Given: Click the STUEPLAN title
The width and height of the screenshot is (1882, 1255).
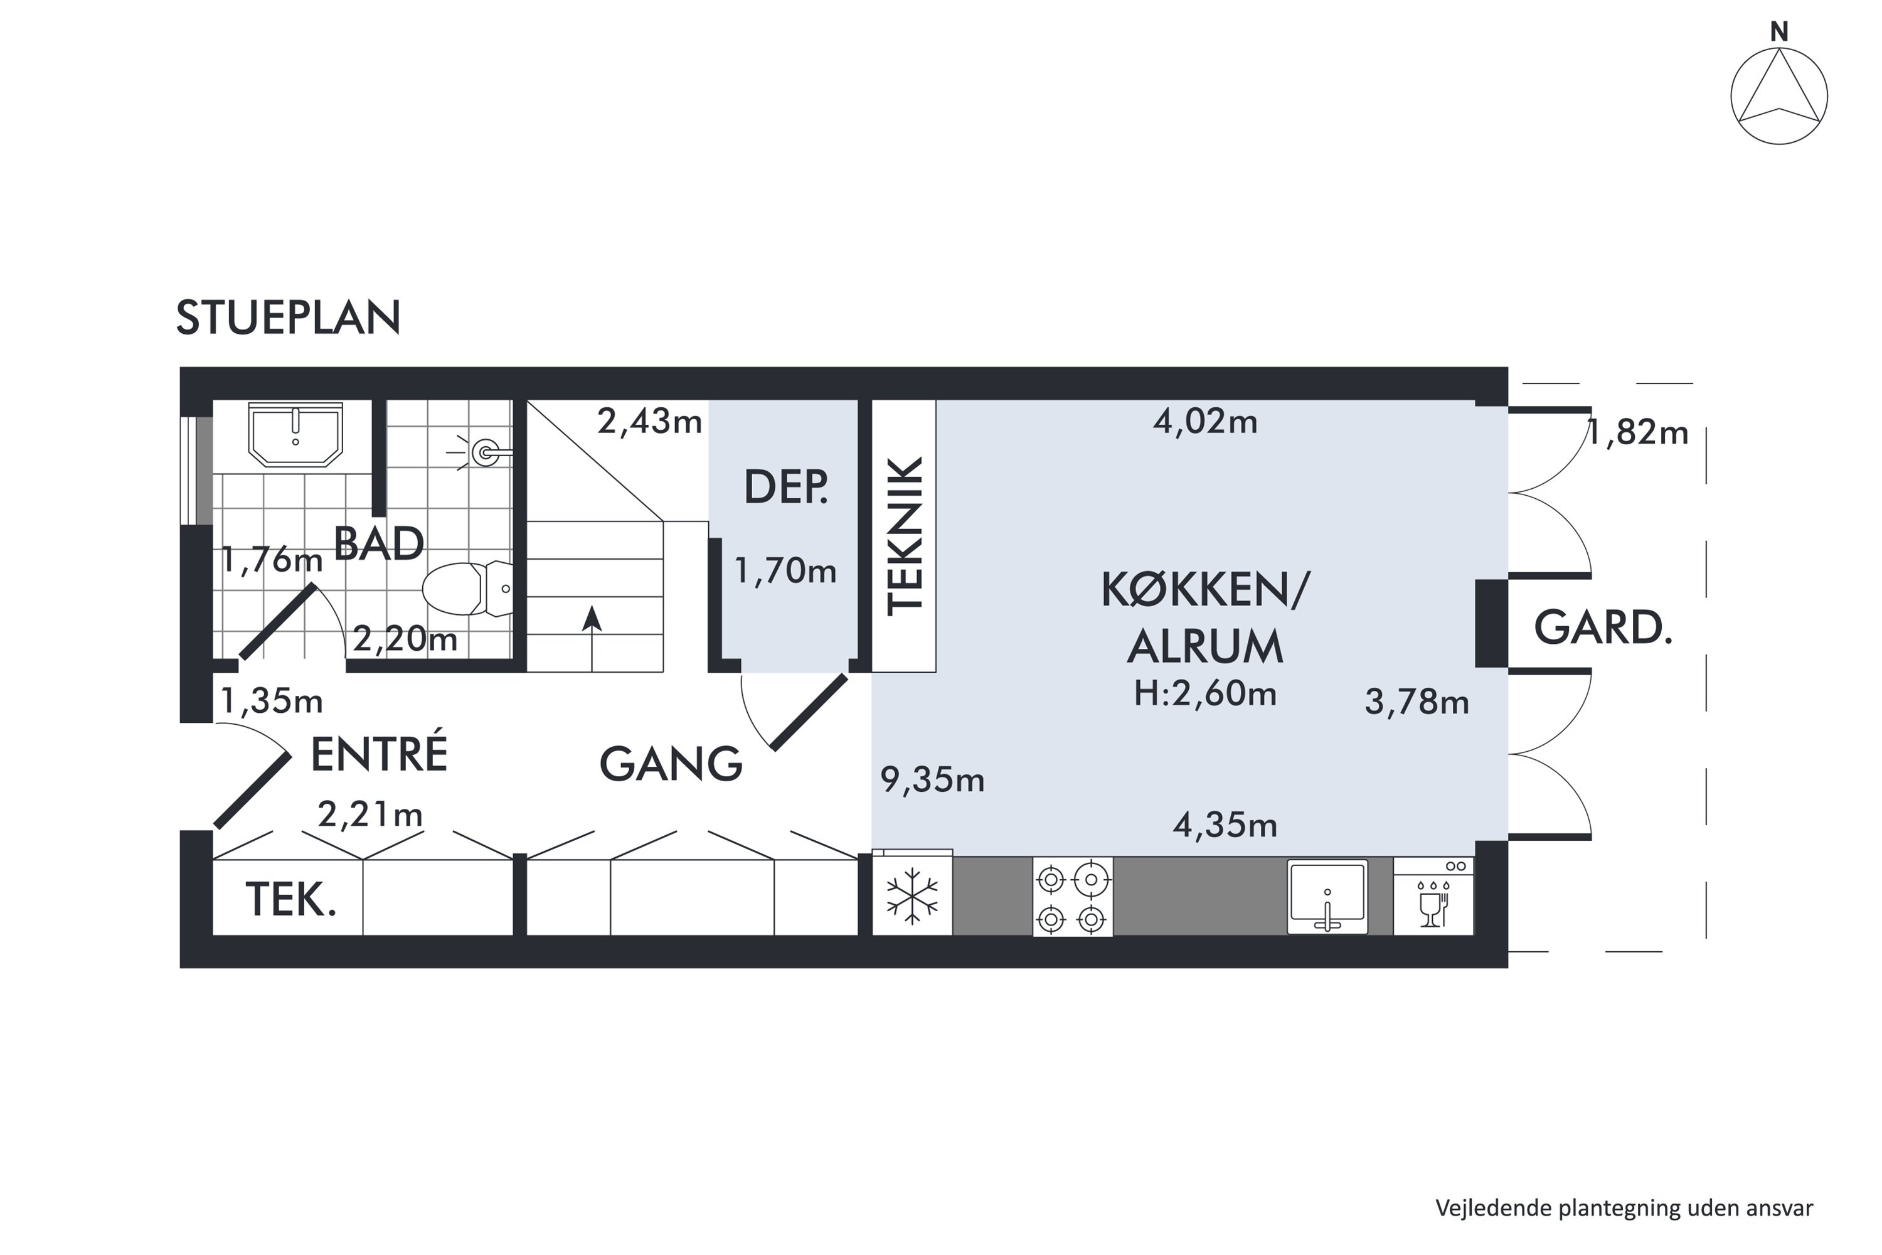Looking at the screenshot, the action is (x=288, y=318).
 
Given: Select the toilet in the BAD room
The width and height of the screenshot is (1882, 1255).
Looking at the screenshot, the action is (x=467, y=589).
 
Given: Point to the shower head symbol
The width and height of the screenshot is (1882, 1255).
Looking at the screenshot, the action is (x=481, y=452).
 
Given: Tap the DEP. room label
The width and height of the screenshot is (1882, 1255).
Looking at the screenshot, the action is (x=786, y=487).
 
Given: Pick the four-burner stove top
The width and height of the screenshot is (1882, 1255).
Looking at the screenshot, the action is (x=1072, y=897).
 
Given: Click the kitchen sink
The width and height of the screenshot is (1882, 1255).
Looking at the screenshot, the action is (x=1327, y=897).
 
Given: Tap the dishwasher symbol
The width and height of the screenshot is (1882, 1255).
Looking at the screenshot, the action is (x=1433, y=897).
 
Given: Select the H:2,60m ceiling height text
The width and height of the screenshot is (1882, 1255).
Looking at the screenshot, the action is (x=1204, y=693).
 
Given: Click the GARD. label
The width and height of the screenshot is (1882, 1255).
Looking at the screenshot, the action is (x=1603, y=627).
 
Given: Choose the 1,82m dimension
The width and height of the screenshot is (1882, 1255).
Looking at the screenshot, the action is (x=1637, y=433).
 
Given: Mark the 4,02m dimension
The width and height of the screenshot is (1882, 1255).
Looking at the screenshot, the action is (x=1205, y=421).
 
